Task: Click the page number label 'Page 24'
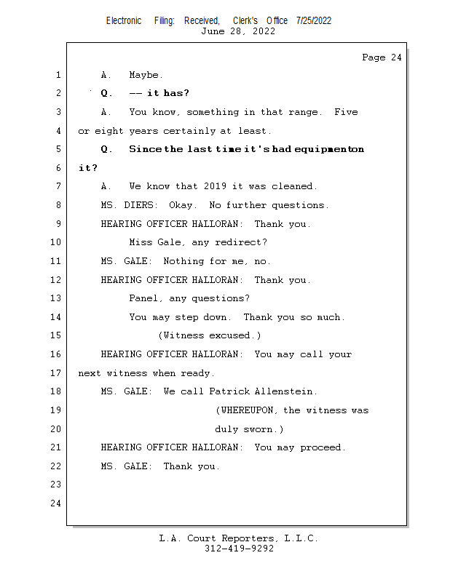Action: [x=382, y=57]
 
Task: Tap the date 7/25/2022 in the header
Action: [x=314, y=21]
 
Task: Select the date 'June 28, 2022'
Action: [x=238, y=31]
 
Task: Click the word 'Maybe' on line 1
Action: [x=144, y=76]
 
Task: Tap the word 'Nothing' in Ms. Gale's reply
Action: [x=183, y=261]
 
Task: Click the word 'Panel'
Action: [x=143, y=298]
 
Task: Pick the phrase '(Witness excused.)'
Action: [x=210, y=335]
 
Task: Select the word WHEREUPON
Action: [x=247, y=410]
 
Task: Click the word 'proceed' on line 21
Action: [x=320, y=447]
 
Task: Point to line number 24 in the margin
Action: [x=56, y=503]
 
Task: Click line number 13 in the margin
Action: [x=56, y=298]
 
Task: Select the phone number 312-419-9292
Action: [x=239, y=549]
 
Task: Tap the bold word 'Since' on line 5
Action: [x=146, y=149]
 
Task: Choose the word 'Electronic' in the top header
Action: [x=124, y=21]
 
